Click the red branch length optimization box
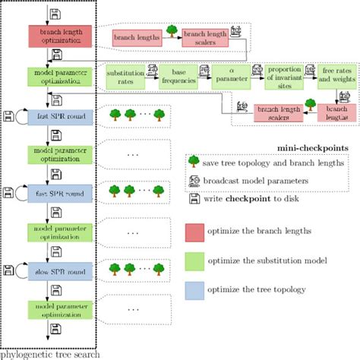click(60, 36)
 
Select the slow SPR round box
click(60, 269)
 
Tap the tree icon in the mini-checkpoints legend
click(195, 162)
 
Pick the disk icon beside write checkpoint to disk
click(195, 199)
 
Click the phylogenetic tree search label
click(49, 353)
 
